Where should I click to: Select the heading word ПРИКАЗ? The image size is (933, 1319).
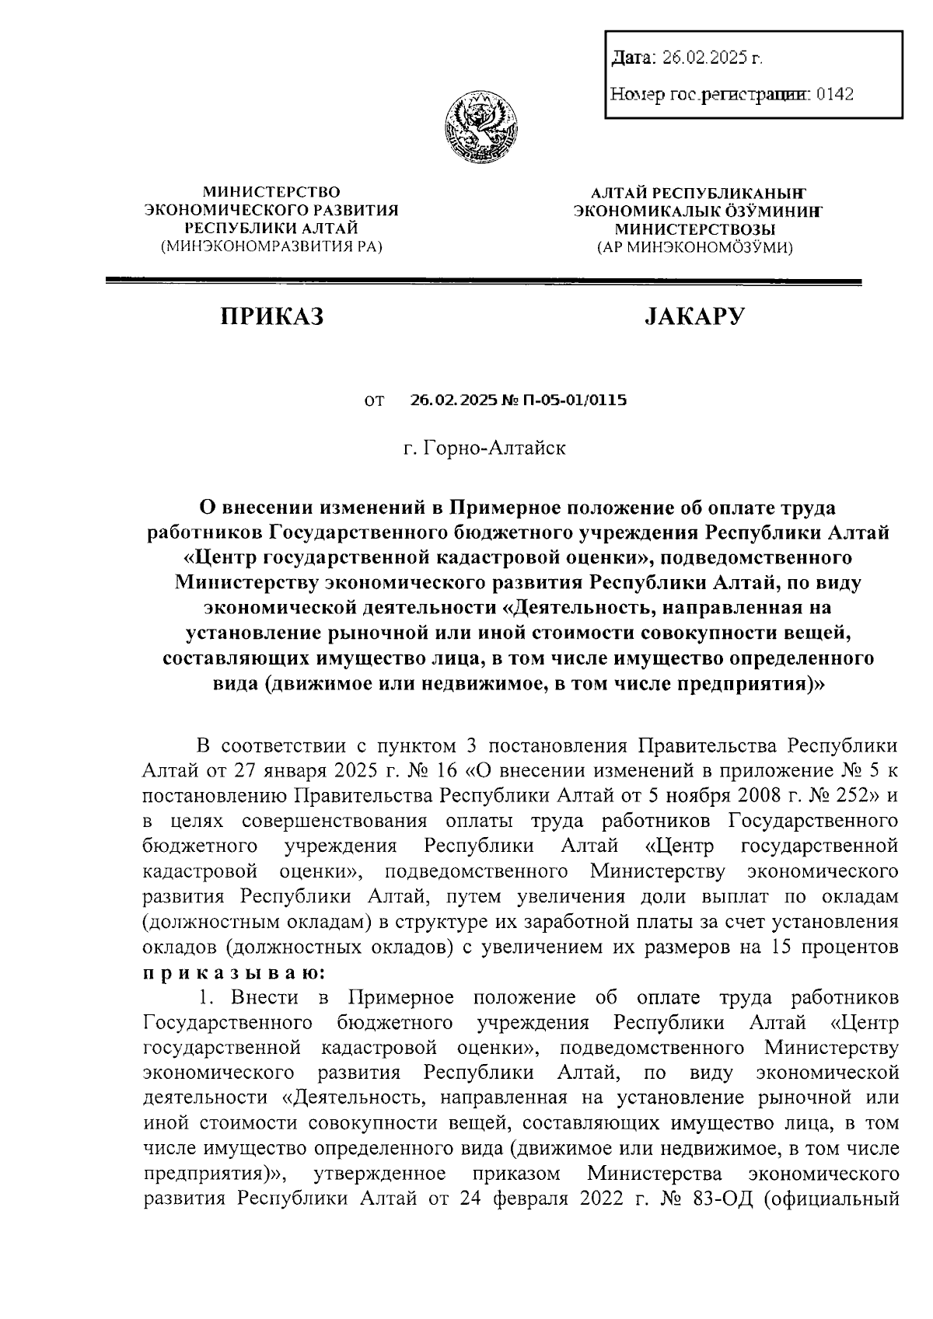pyautogui.click(x=271, y=316)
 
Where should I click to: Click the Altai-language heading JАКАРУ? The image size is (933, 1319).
pyautogui.click(x=694, y=316)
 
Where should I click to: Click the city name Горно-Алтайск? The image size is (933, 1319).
pyautogui.click(x=494, y=448)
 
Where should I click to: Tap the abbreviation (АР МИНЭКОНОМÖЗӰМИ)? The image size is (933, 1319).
pyautogui.click(x=694, y=248)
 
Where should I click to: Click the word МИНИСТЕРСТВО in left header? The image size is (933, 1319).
pyautogui.click(x=271, y=190)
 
